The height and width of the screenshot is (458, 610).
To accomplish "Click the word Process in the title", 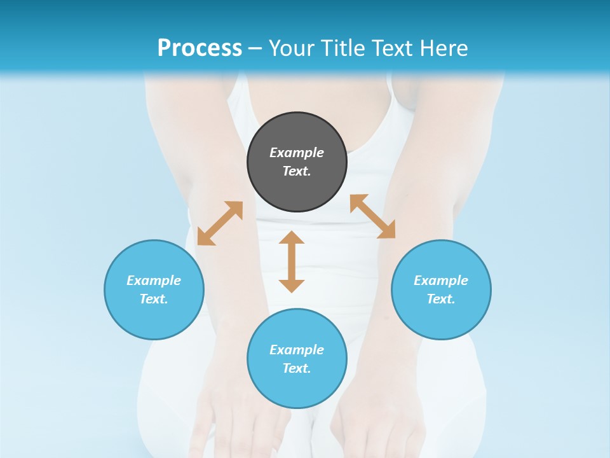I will click(200, 48).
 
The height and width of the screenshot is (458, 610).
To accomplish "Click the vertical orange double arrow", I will click(292, 261).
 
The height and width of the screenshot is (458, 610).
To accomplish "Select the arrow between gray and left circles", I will click(220, 223).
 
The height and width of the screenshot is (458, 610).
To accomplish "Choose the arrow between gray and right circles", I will click(373, 216).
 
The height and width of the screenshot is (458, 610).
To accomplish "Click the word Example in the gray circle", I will click(297, 153).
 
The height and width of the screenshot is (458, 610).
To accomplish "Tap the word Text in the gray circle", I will click(297, 171).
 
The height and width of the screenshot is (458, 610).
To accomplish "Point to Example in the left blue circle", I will click(154, 281).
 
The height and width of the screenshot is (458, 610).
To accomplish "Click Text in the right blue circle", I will click(441, 299).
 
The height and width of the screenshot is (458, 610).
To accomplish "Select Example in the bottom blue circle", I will click(297, 350).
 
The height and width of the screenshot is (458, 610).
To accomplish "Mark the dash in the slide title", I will click(255, 48).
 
